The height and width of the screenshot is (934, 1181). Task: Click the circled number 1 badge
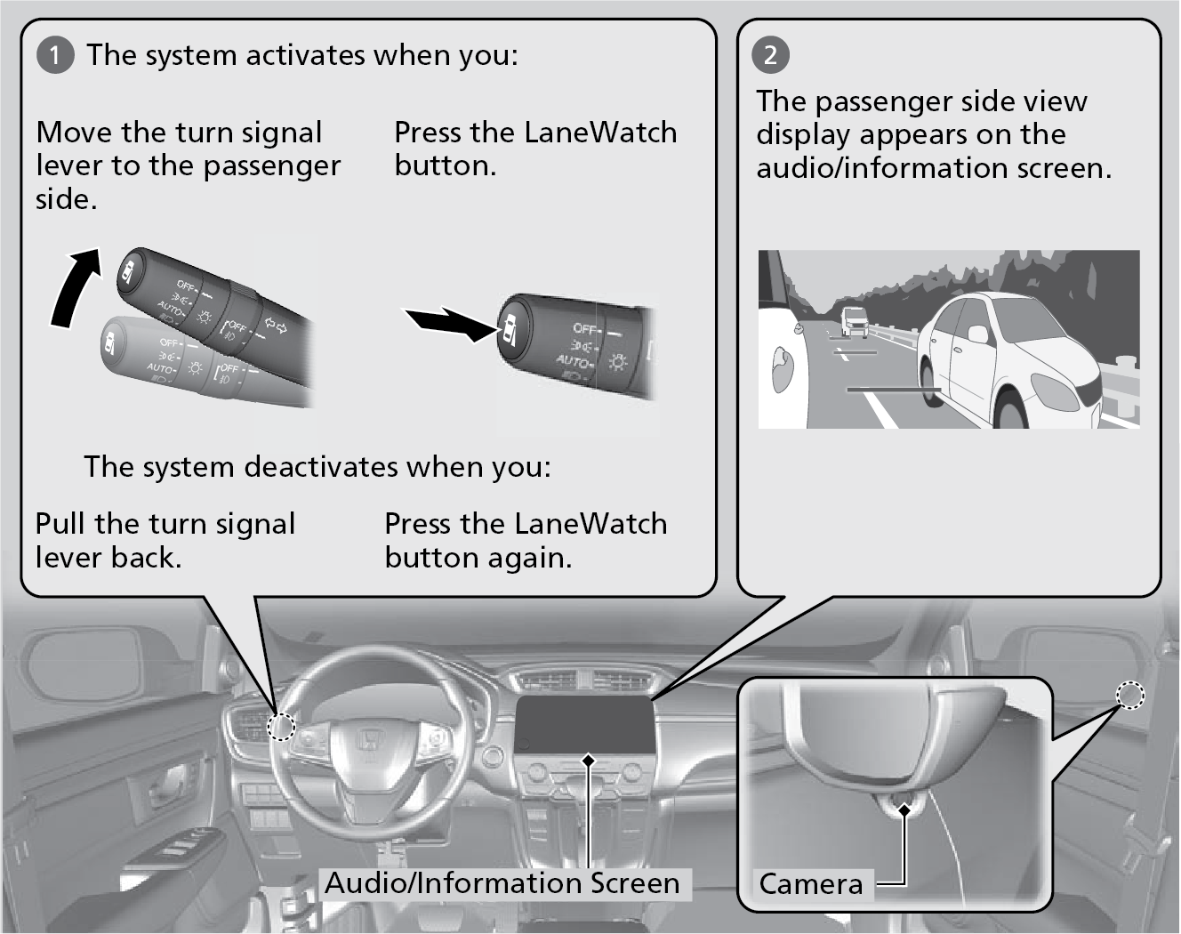(54, 55)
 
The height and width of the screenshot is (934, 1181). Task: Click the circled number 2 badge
(770, 55)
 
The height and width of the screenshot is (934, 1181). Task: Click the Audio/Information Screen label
(502, 883)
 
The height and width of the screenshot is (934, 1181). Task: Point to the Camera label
(810, 884)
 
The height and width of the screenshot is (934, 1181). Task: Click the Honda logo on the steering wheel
(366, 741)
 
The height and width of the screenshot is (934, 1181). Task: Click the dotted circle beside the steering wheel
(281, 726)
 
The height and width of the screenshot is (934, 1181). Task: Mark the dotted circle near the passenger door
(1129, 695)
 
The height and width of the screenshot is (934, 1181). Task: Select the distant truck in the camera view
(855, 321)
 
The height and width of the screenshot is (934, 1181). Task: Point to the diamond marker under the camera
(904, 809)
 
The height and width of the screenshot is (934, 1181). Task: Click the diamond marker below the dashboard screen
(588, 761)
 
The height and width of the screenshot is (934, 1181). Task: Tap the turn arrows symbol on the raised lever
(277, 327)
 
